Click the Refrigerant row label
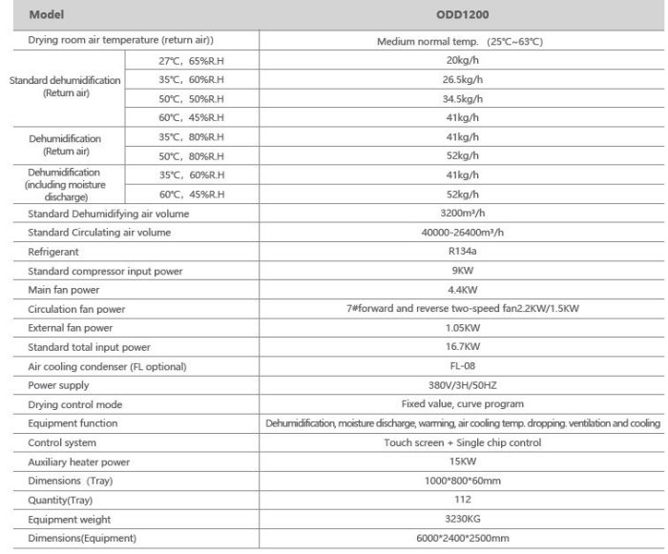[x=52, y=252]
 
